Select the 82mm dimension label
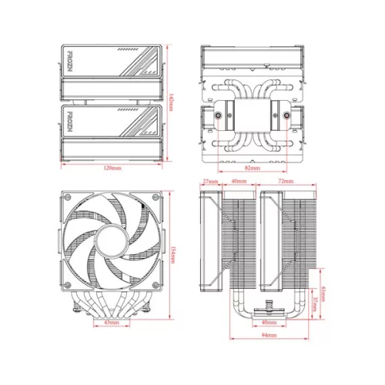pos(252,167)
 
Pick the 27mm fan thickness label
pos(209,182)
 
